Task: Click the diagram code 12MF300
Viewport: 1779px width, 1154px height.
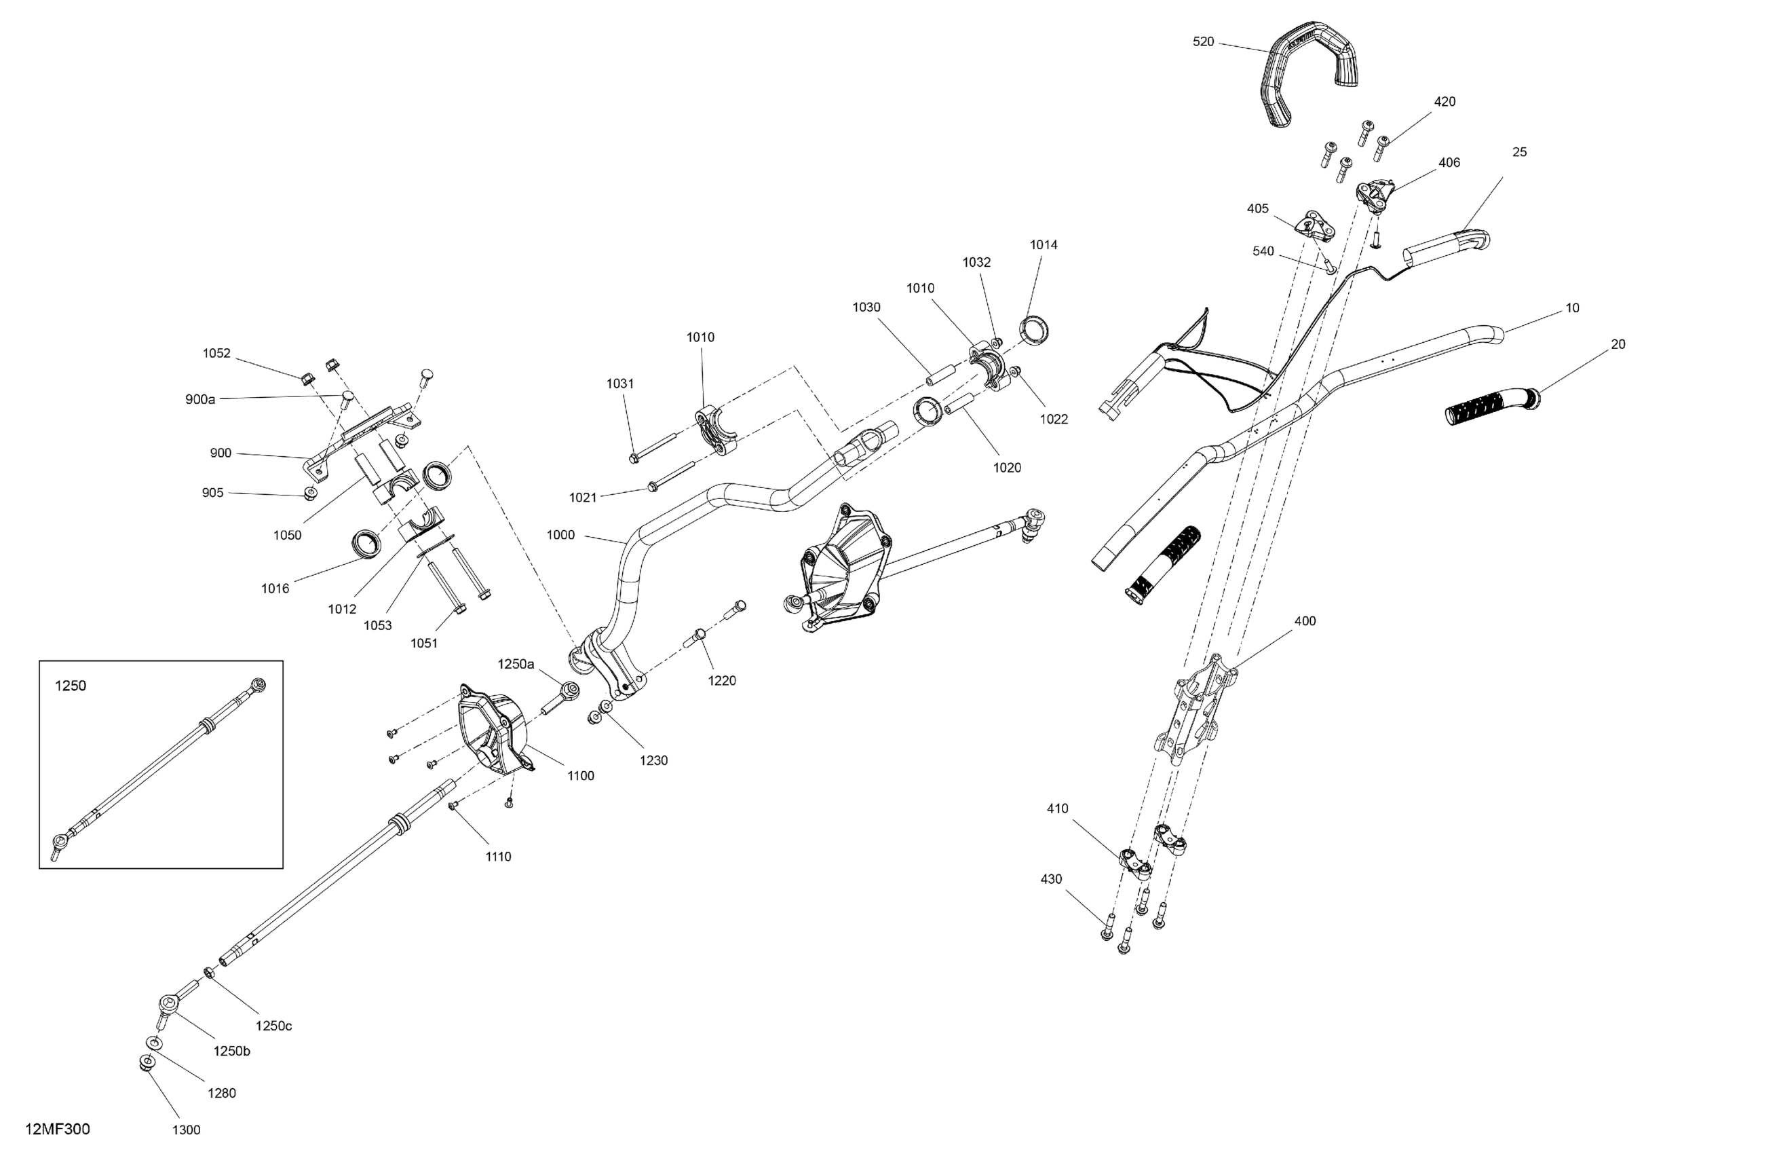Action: click(x=58, y=1130)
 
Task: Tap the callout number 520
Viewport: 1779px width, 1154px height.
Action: click(x=1204, y=42)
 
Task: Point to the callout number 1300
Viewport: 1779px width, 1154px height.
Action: click(x=186, y=1130)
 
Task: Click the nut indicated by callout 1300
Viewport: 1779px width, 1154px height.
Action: click(x=147, y=1064)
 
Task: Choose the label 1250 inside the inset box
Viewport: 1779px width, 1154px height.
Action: click(x=71, y=686)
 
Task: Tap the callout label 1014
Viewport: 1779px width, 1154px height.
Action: click(x=1044, y=244)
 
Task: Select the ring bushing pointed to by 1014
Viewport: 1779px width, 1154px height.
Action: click(x=1034, y=331)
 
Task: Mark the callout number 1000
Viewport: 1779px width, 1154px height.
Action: click(x=560, y=535)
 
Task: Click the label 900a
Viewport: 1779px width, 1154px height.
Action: click(x=200, y=399)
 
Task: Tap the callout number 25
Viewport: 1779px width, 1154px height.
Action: click(x=1520, y=152)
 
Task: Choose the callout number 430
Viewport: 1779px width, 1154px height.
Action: click(x=1051, y=879)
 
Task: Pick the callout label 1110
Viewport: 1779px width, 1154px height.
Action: click(x=498, y=857)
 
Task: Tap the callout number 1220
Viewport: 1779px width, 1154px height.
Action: click(x=722, y=681)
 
